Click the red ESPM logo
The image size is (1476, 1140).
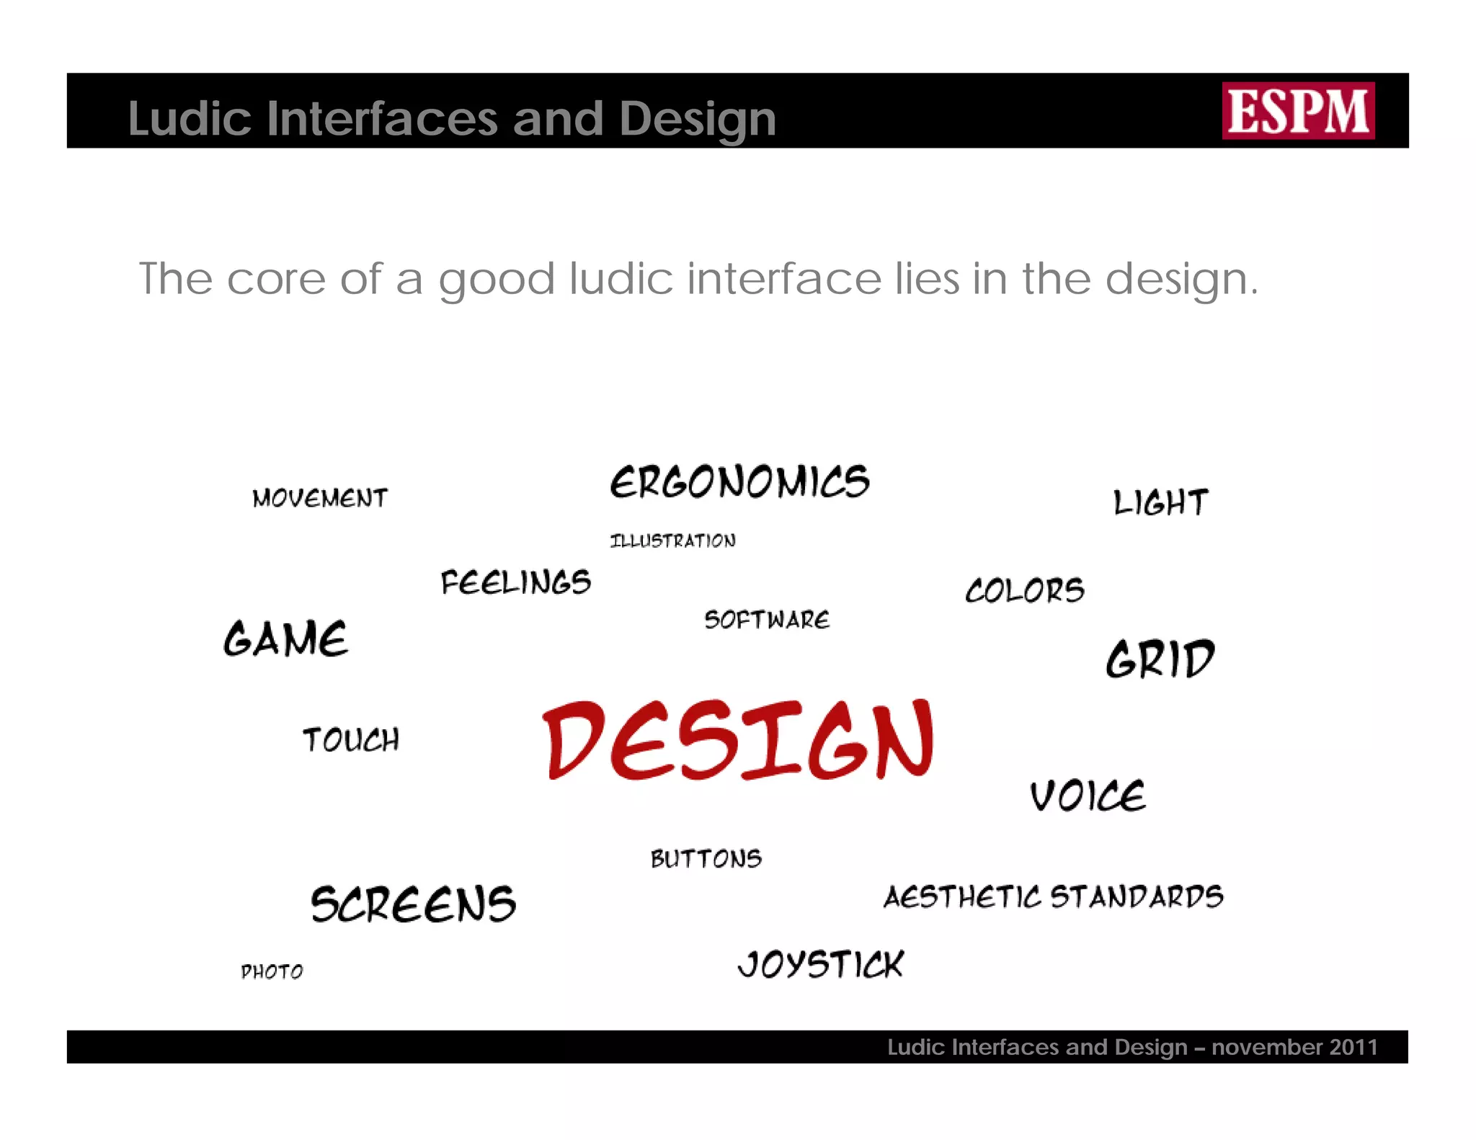[x=1298, y=111]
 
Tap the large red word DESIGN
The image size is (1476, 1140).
[x=738, y=740]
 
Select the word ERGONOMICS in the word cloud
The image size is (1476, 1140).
[x=740, y=482]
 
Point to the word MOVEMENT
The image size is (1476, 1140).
[x=320, y=498]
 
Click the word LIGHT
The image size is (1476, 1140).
[x=1160, y=502]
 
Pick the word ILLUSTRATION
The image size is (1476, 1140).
[x=673, y=540]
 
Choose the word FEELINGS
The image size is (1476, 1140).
[x=516, y=582]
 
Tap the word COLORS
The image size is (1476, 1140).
[x=1025, y=590]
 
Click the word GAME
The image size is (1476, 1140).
[x=286, y=638]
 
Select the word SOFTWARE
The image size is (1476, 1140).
[x=767, y=620]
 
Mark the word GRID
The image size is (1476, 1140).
[x=1160, y=659]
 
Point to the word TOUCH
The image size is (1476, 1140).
[x=351, y=740]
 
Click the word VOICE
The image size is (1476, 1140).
[x=1088, y=796]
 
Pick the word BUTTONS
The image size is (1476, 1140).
[x=706, y=858]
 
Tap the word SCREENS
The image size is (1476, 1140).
[x=414, y=904]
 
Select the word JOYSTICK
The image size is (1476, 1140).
[x=821, y=964]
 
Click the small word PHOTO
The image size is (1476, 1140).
[x=272, y=972]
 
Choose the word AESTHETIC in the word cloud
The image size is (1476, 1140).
[x=962, y=897]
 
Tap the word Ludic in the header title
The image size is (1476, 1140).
[x=190, y=118]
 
